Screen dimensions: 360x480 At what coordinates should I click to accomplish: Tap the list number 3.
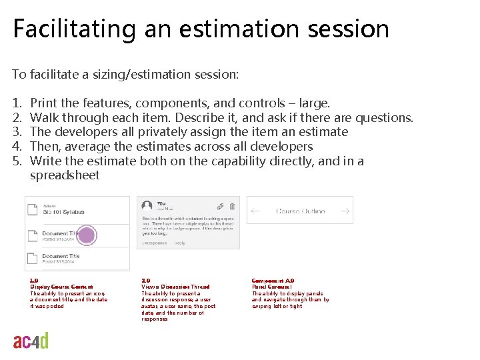click(x=17, y=132)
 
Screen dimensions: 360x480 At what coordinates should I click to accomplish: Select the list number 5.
click(x=17, y=161)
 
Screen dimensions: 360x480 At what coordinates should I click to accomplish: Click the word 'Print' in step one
click(x=44, y=103)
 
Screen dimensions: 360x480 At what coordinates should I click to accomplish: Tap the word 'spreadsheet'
click(x=65, y=175)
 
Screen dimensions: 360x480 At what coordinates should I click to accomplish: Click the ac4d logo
click(x=31, y=341)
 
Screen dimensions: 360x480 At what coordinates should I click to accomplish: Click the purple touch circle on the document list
click(x=87, y=235)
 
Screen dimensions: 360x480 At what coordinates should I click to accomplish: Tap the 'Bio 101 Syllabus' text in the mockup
click(x=64, y=211)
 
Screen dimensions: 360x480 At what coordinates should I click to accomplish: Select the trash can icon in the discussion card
click(x=232, y=207)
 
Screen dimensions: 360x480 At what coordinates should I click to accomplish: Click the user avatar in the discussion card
click(x=145, y=207)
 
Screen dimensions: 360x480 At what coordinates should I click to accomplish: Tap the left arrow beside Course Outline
click(x=255, y=211)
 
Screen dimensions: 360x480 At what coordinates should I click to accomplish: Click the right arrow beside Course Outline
click(x=345, y=211)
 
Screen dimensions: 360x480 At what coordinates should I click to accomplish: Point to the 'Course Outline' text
click(x=300, y=211)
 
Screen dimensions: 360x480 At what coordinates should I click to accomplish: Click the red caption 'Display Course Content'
click(x=61, y=287)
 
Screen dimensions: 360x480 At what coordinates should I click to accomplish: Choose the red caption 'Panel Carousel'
click(x=271, y=287)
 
